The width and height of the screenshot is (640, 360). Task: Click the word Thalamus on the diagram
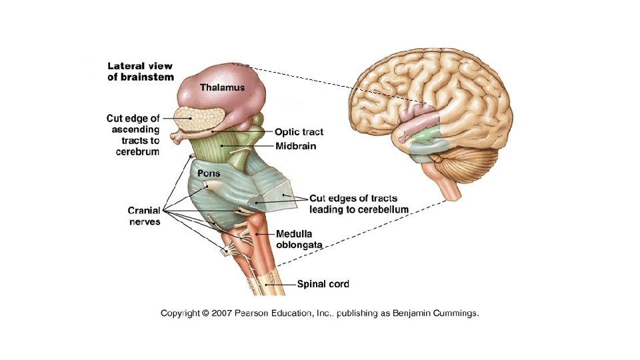(223, 87)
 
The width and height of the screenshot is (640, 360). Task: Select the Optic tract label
(299, 133)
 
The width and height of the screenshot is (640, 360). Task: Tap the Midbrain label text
(295, 146)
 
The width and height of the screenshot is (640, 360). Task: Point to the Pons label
(208, 173)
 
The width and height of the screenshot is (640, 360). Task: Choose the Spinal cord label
(323, 284)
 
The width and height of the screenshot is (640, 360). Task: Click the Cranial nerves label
(144, 216)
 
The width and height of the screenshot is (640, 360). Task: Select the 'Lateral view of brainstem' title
(140, 71)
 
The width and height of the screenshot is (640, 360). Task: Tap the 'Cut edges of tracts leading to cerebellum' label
(359, 203)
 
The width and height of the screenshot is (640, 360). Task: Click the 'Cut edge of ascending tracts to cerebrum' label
(133, 135)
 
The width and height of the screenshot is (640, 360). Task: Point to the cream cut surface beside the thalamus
(199, 119)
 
